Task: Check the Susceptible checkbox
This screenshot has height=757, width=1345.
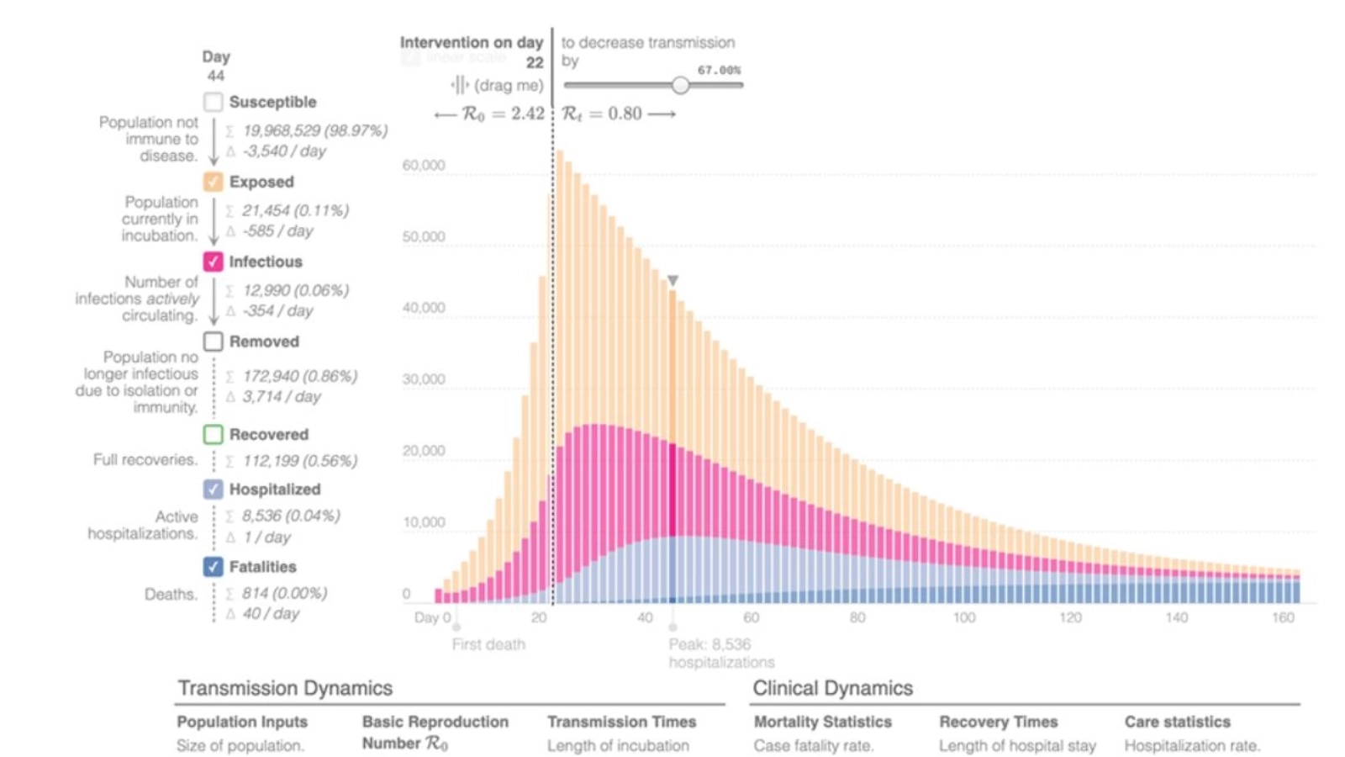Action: [214, 102]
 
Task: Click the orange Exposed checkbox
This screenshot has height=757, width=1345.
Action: [214, 182]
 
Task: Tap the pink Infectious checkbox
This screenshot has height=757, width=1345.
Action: [214, 262]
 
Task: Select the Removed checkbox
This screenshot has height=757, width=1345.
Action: [214, 341]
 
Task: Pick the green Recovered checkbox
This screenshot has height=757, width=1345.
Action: [214, 434]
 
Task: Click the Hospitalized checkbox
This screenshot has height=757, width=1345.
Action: [214, 489]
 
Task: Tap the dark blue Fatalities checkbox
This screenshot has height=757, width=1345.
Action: [214, 566]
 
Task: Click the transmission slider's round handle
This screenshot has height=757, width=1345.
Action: [680, 85]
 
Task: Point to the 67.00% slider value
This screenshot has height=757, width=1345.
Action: [719, 70]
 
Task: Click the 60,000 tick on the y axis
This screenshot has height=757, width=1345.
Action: [424, 165]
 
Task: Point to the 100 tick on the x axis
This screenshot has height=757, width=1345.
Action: [964, 617]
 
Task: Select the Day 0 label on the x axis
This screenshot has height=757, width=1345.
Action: [432, 617]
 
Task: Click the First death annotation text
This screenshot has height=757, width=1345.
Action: [488, 644]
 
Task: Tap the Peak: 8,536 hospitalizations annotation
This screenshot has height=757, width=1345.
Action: [720, 653]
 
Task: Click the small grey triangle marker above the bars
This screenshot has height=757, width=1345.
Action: [672, 280]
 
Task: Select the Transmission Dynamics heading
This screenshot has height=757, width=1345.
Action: [285, 688]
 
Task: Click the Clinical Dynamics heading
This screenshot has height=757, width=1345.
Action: [832, 688]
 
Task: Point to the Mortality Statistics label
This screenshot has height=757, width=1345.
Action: [822, 722]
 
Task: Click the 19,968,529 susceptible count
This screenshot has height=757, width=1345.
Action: [282, 130]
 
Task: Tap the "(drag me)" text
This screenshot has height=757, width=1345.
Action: [509, 85]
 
